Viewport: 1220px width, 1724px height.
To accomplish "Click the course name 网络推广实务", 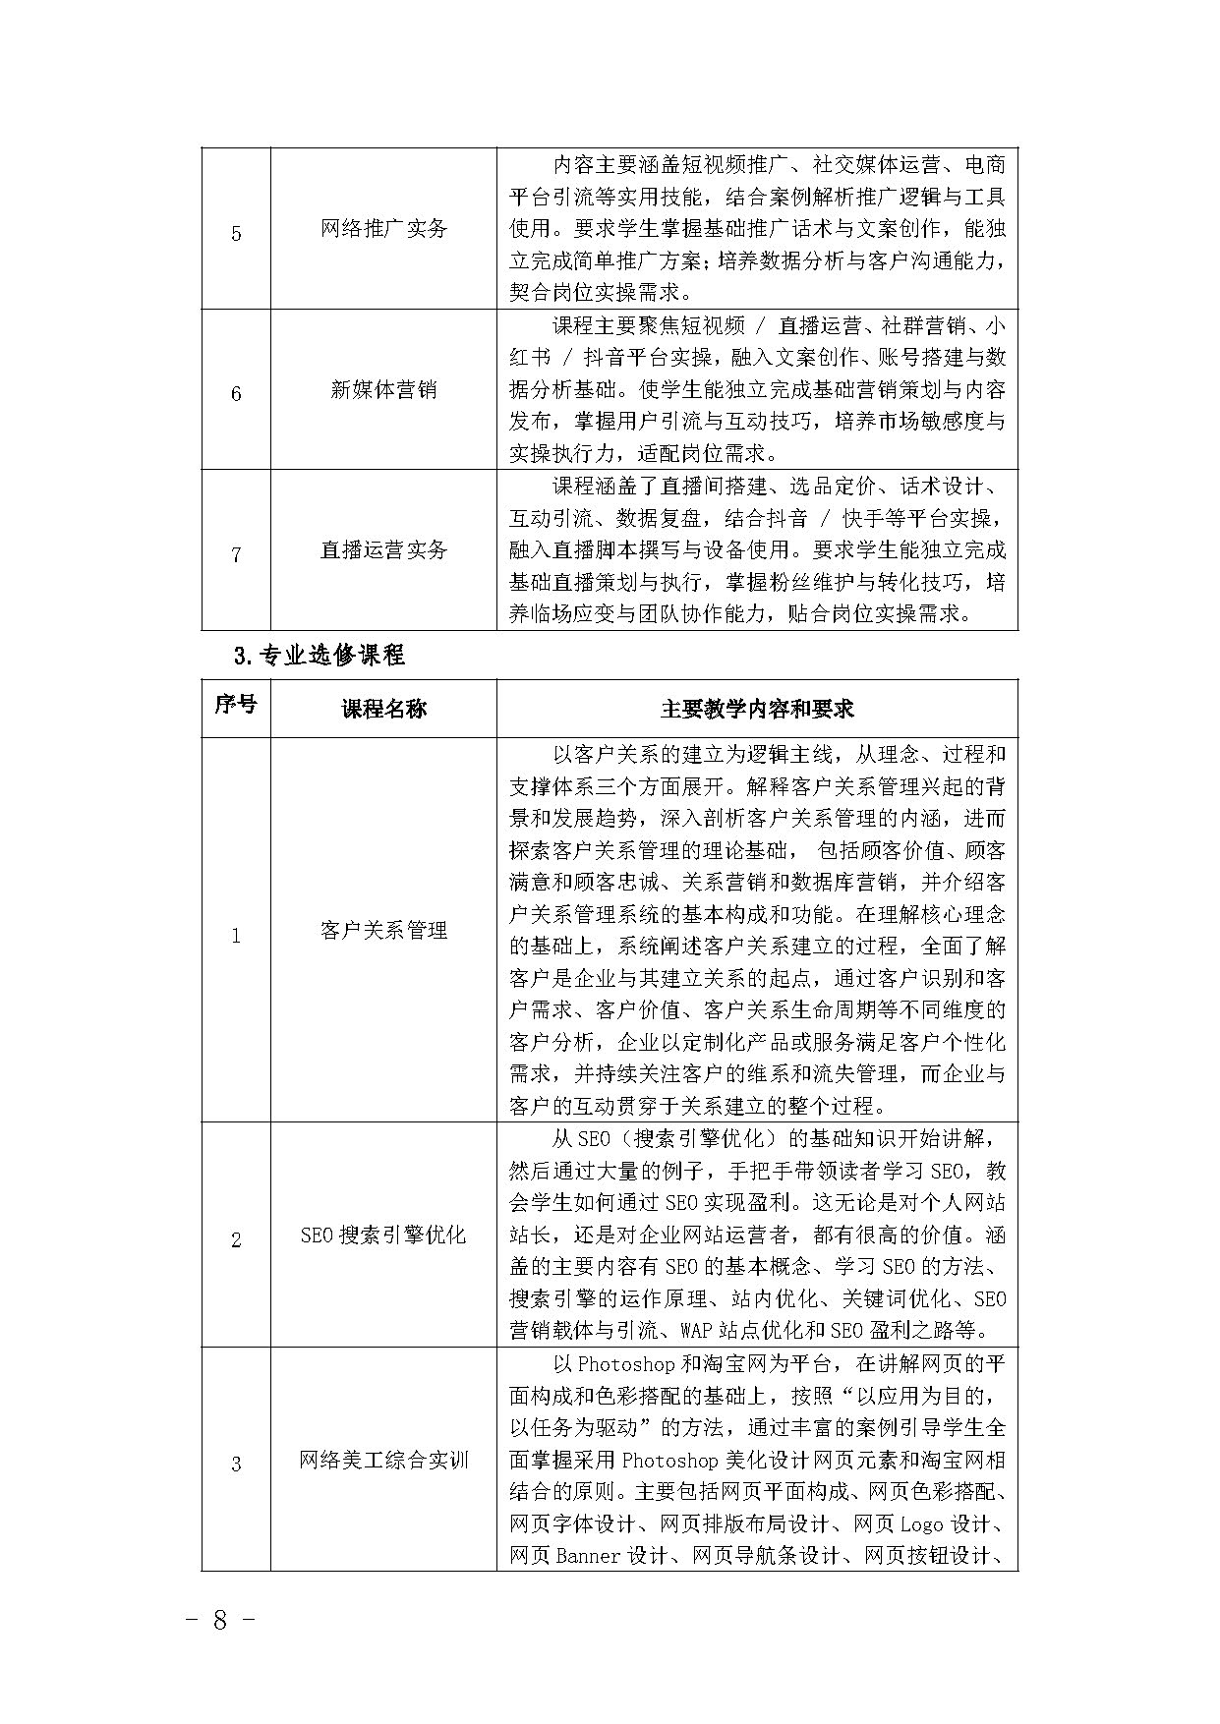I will click(x=383, y=229).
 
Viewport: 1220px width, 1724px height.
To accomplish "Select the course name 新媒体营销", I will click(x=383, y=390).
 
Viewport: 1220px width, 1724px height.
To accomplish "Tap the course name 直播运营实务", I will click(x=383, y=550).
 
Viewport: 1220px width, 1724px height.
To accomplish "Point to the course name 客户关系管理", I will click(x=383, y=930).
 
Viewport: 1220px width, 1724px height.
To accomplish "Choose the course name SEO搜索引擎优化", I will click(x=383, y=1236).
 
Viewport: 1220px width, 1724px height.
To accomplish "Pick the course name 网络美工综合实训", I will click(x=383, y=1461).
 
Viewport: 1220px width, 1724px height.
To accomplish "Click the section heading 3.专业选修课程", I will click(x=320, y=655).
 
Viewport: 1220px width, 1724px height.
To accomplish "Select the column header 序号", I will click(x=236, y=705).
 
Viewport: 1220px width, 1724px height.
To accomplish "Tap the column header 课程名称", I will click(x=383, y=709).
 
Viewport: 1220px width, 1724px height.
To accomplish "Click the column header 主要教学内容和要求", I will click(x=757, y=709).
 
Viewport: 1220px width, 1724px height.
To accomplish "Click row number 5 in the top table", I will click(x=236, y=234).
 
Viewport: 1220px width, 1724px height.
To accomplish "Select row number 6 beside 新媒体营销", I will click(x=236, y=394).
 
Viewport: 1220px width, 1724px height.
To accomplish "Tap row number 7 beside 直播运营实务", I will click(x=236, y=555).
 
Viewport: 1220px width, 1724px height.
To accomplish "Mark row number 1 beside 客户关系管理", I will click(x=236, y=935).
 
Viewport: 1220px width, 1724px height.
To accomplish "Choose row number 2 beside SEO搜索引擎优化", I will click(x=236, y=1240).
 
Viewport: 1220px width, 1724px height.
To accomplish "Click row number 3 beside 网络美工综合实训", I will click(x=236, y=1465).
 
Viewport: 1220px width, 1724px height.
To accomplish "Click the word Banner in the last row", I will click(x=588, y=1556).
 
